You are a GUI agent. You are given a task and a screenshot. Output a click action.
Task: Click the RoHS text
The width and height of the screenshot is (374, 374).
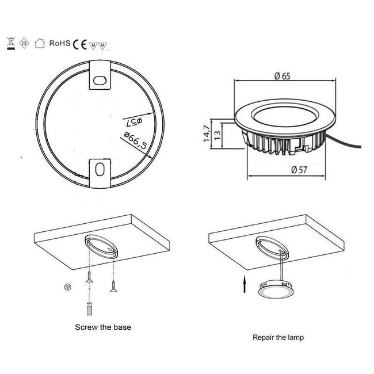click(x=60, y=43)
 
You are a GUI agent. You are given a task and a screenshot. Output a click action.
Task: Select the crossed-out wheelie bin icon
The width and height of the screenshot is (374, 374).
click(x=10, y=42)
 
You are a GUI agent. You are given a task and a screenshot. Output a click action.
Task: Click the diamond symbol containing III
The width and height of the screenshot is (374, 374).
click(x=24, y=43)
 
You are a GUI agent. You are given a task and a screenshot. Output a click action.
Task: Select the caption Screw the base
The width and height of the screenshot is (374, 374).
click(x=103, y=327)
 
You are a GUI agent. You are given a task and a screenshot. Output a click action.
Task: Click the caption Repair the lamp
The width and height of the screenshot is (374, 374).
click(x=278, y=338)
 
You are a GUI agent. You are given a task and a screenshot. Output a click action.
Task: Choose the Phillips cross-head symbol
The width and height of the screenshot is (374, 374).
click(x=69, y=286)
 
